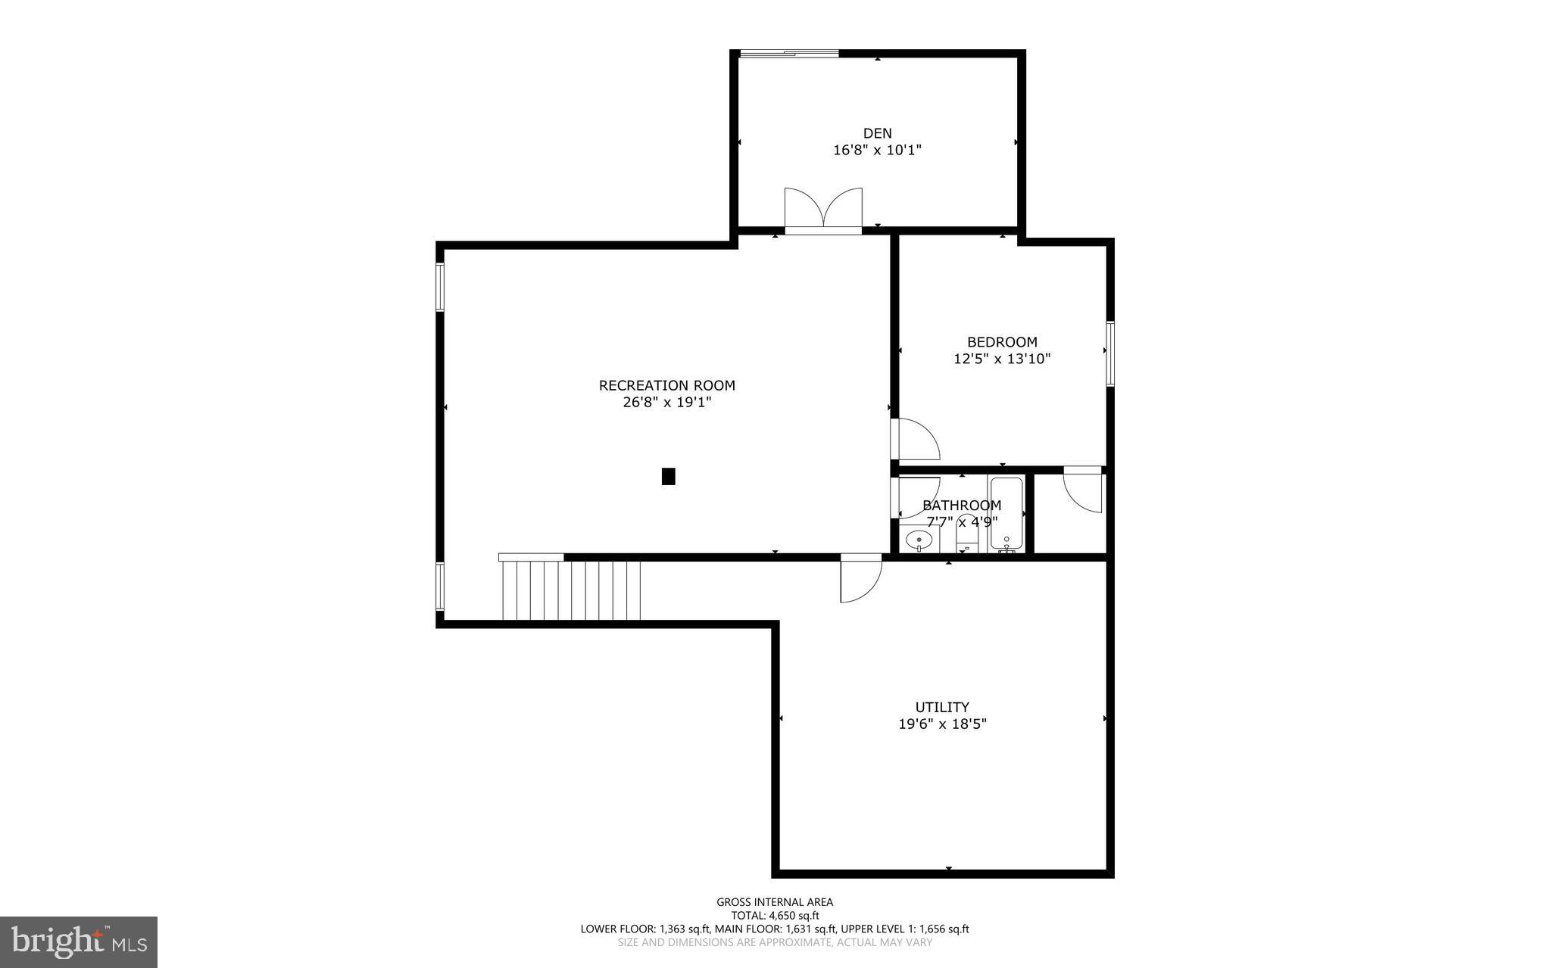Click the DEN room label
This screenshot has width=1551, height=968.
(x=877, y=133)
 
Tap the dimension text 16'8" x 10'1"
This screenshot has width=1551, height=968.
(x=877, y=150)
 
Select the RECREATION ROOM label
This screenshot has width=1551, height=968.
(x=666, y=385)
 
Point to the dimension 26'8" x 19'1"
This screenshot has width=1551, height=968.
(x=666, y=402)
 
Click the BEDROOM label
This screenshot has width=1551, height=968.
(x=1001, y=342)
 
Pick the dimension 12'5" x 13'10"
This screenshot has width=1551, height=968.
(x=1001, y=359)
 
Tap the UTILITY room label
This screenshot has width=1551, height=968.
(x=942, y=707)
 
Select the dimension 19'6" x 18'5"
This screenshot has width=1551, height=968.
(x=942, y=724)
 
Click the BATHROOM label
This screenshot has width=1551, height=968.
(x=961, y=505)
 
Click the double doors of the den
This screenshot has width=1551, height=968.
(x=822, y=210)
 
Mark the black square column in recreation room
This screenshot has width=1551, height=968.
(x=668, y=476)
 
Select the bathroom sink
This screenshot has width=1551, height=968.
(x=919, y=540)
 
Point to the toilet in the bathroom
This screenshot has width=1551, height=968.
(x=966, y=534)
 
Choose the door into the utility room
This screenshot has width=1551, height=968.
(x=860, y=580)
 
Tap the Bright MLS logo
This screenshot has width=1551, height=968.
(x=79, y=942)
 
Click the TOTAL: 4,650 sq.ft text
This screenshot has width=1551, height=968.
(x=775, y=915)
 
